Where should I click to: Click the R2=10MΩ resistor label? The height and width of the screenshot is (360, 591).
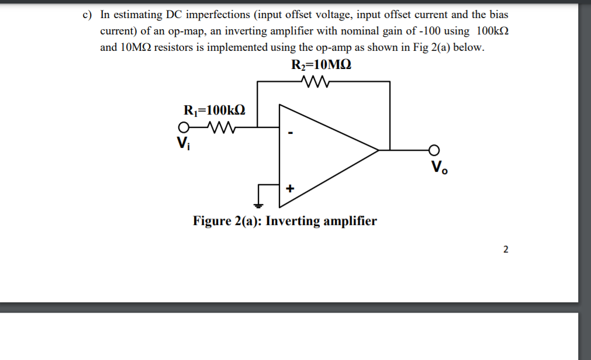pyautogui.click(x=321, y=65)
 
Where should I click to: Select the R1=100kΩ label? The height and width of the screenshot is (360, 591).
pyautogui.click(x=214, y=110)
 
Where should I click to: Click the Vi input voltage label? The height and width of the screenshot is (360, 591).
pyautogui.click(x=183, y=142)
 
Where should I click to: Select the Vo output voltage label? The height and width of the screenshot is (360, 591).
pyautogui.click(x=438, y=167)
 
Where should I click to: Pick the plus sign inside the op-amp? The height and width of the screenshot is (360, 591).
pyautogui.click(x=290, y=189)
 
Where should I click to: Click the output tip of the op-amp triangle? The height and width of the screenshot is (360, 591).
pyautogui.click(x=378, y=150)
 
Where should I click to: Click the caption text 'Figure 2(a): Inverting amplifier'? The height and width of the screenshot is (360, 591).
pyautogui.click(x=285, y=221)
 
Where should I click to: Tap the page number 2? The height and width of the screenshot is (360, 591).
pyautogui.click(x=506, y=250)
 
